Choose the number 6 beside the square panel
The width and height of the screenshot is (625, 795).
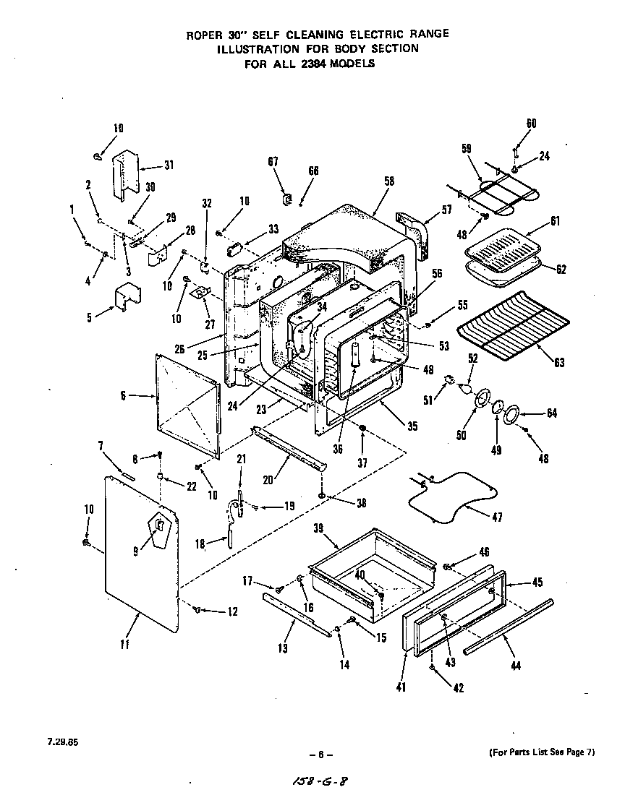124,395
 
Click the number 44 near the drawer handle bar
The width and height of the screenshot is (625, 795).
515,666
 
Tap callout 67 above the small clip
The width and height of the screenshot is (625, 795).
273,162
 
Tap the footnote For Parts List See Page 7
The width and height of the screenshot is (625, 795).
542,752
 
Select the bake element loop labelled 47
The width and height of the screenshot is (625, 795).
448,499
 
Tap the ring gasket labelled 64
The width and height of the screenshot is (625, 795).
511,414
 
